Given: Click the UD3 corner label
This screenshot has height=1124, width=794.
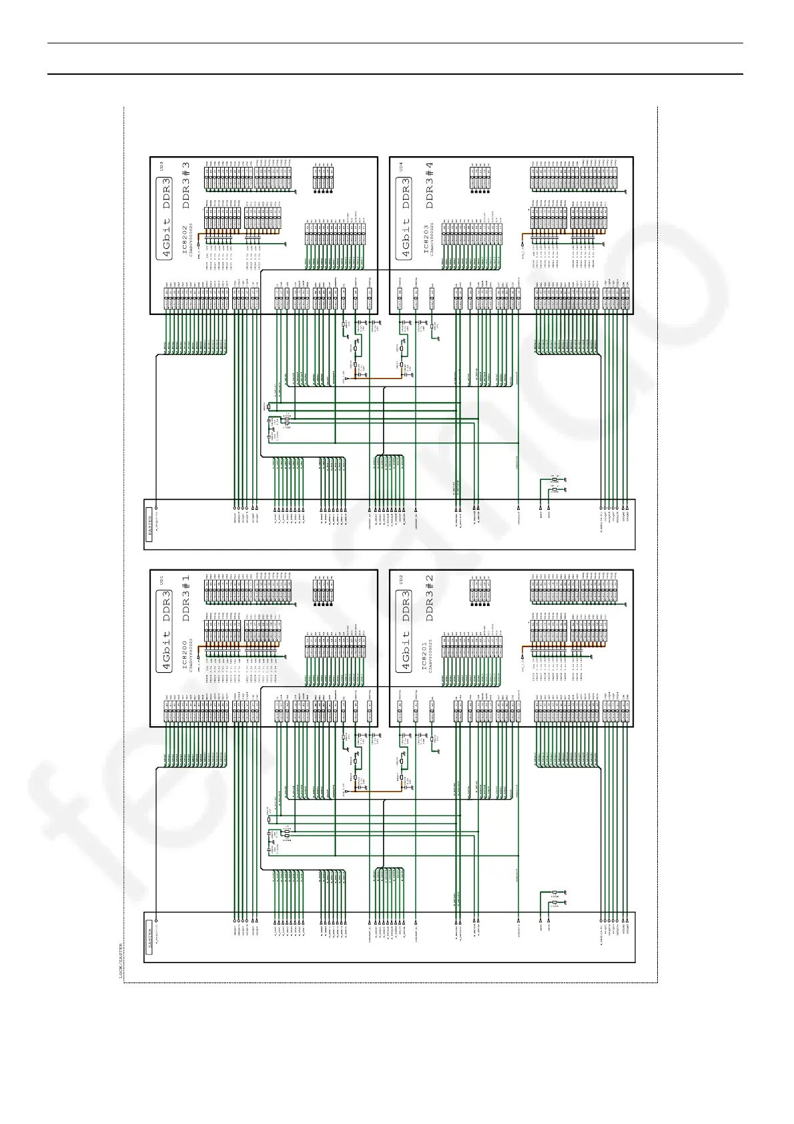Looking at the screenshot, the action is point(160,164).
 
